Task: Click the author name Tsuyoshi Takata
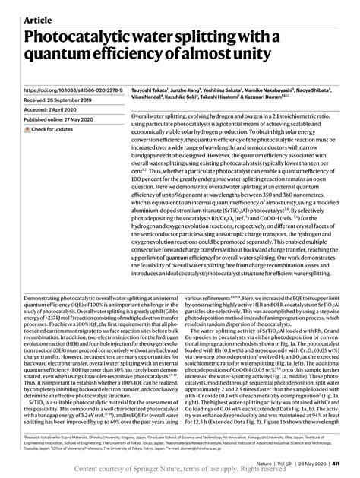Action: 149,90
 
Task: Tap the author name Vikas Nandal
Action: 149,100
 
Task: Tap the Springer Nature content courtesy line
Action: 180,471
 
